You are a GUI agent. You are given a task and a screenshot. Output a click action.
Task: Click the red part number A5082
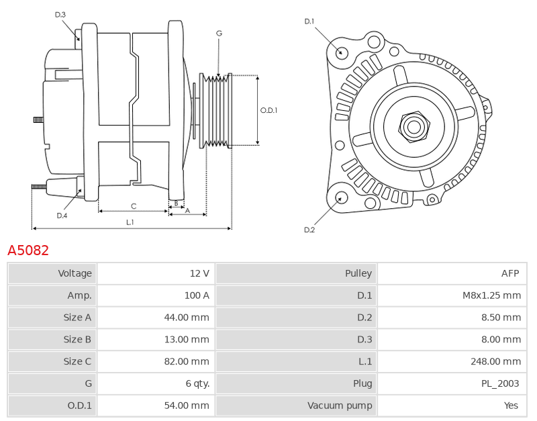(x=28, y=250)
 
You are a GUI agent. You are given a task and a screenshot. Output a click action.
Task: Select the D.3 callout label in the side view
(x=60, y=15)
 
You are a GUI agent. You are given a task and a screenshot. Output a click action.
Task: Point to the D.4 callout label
(x=62, y=216)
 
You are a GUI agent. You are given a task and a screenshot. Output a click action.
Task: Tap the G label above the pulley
(x=219, y=33)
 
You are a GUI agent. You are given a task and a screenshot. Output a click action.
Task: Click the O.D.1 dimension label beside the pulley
(x=268, y=110)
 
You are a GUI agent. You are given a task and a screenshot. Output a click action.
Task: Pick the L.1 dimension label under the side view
(x=130, y=222)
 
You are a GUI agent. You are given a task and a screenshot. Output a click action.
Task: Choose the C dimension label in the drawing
(x=134, y=206)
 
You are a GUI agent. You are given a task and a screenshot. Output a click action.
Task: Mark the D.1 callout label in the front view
(x=309, y=21)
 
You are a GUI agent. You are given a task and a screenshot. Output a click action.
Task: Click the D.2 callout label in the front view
(x=309, y=230)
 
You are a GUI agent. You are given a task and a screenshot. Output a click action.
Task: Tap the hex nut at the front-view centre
(x=414, y=127)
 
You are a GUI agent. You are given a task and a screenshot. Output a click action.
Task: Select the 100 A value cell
(x=197, y=295)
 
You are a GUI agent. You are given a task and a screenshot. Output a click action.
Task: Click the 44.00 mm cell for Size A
(x=187, y=317)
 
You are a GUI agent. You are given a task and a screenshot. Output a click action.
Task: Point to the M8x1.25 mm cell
(x=491, y=295)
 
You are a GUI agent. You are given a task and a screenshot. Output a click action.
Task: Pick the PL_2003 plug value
(x=500, y=383)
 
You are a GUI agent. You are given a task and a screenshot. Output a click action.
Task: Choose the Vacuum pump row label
(x=340, y=406)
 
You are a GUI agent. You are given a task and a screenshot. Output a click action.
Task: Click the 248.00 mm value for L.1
(x=495, y=361)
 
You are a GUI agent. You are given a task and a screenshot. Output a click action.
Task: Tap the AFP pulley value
(x=510, y=273)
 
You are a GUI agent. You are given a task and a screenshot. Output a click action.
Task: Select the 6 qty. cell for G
(x=197, y=383)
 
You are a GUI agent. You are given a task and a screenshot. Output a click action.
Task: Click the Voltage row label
(x=75, y=273)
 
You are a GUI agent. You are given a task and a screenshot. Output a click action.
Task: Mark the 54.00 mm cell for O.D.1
(x=187, y=406)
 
